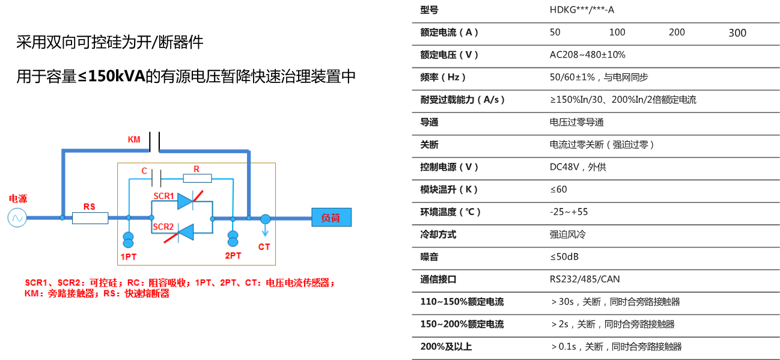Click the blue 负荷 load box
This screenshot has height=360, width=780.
331,218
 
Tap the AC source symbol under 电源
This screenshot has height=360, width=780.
17,218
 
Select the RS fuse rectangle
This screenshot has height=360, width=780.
90,218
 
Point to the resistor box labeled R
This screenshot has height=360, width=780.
197,178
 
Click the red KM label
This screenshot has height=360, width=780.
134,139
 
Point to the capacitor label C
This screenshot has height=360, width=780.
144,171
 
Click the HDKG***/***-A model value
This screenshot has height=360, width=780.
581,10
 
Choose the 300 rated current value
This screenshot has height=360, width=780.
737,33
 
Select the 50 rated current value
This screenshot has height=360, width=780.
555,32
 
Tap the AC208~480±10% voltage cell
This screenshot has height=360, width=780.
587,55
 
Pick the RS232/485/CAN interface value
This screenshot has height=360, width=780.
584,279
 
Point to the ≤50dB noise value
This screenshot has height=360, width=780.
564,257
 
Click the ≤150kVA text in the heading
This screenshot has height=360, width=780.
111,77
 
